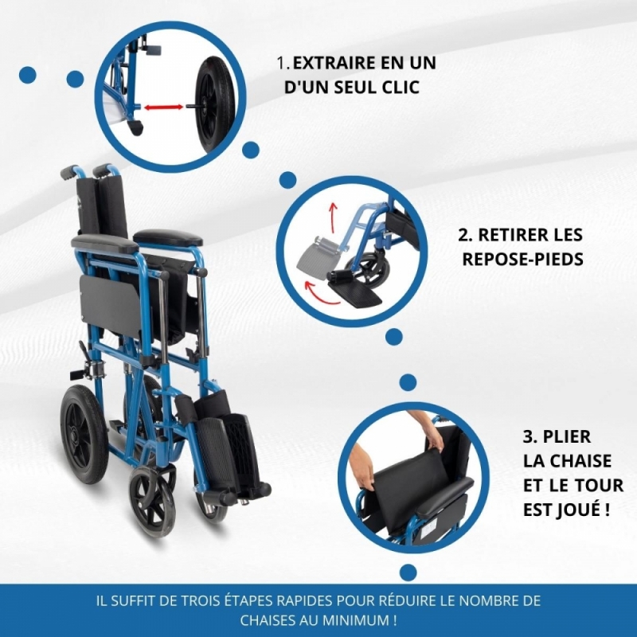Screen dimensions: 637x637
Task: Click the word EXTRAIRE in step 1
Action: [334, 63]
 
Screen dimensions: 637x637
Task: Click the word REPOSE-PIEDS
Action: [523, 260]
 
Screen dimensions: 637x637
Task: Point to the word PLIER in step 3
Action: [567, 436]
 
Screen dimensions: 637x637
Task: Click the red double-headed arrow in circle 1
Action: [164, 107]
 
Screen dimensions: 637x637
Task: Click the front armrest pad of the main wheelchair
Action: [104, 244]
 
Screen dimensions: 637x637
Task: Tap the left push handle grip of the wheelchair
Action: [68, 171]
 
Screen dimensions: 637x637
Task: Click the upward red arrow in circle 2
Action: [333, 212]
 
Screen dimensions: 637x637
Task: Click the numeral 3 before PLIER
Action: [527, 436]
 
